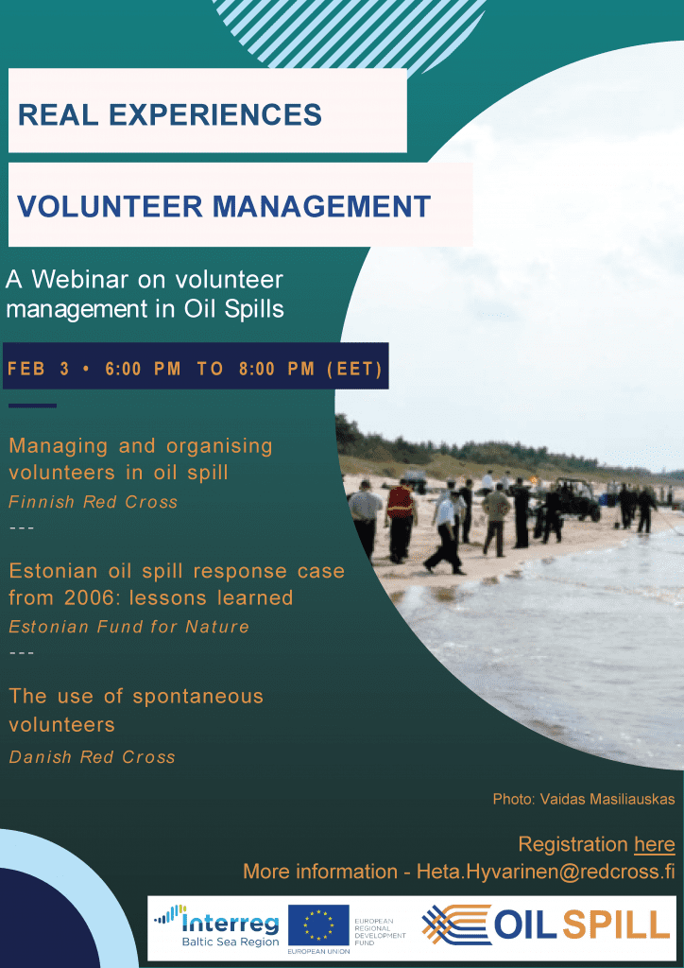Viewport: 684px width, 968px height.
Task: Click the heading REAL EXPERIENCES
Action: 170,114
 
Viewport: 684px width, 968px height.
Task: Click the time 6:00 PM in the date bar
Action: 143,370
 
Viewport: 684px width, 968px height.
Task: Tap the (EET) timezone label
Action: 354,370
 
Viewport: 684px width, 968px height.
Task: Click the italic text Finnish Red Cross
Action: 94,502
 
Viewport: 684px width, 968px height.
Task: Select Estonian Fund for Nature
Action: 128,628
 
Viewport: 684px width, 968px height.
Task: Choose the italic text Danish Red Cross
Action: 92,757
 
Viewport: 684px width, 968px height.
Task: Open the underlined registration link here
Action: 655,844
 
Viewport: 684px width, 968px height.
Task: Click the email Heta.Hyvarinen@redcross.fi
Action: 546,872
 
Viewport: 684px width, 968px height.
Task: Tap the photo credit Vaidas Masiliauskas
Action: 607,798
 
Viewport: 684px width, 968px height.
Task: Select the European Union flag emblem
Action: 318,925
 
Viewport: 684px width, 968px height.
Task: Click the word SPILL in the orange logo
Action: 616,925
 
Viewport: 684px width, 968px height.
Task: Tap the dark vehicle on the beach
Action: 571,499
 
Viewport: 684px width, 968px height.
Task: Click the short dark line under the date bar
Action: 33,406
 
